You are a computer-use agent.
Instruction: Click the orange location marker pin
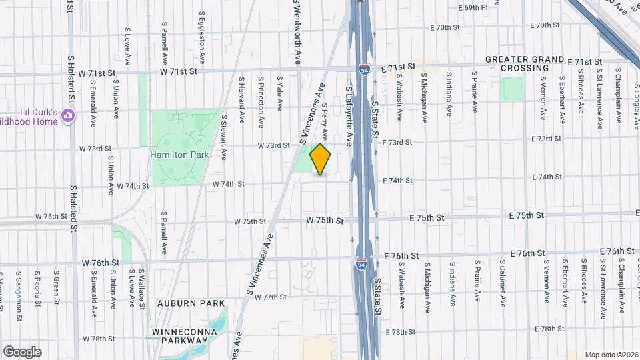tap(321, 159)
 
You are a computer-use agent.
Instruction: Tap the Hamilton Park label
tap(179, 155)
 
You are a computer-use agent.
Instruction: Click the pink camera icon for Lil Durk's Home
tap(67, 117)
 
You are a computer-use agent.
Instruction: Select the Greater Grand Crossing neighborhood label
tap(525, 63)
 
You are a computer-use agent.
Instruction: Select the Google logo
tap(22, 351)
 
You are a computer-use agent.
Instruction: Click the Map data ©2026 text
tap(611, 354)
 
